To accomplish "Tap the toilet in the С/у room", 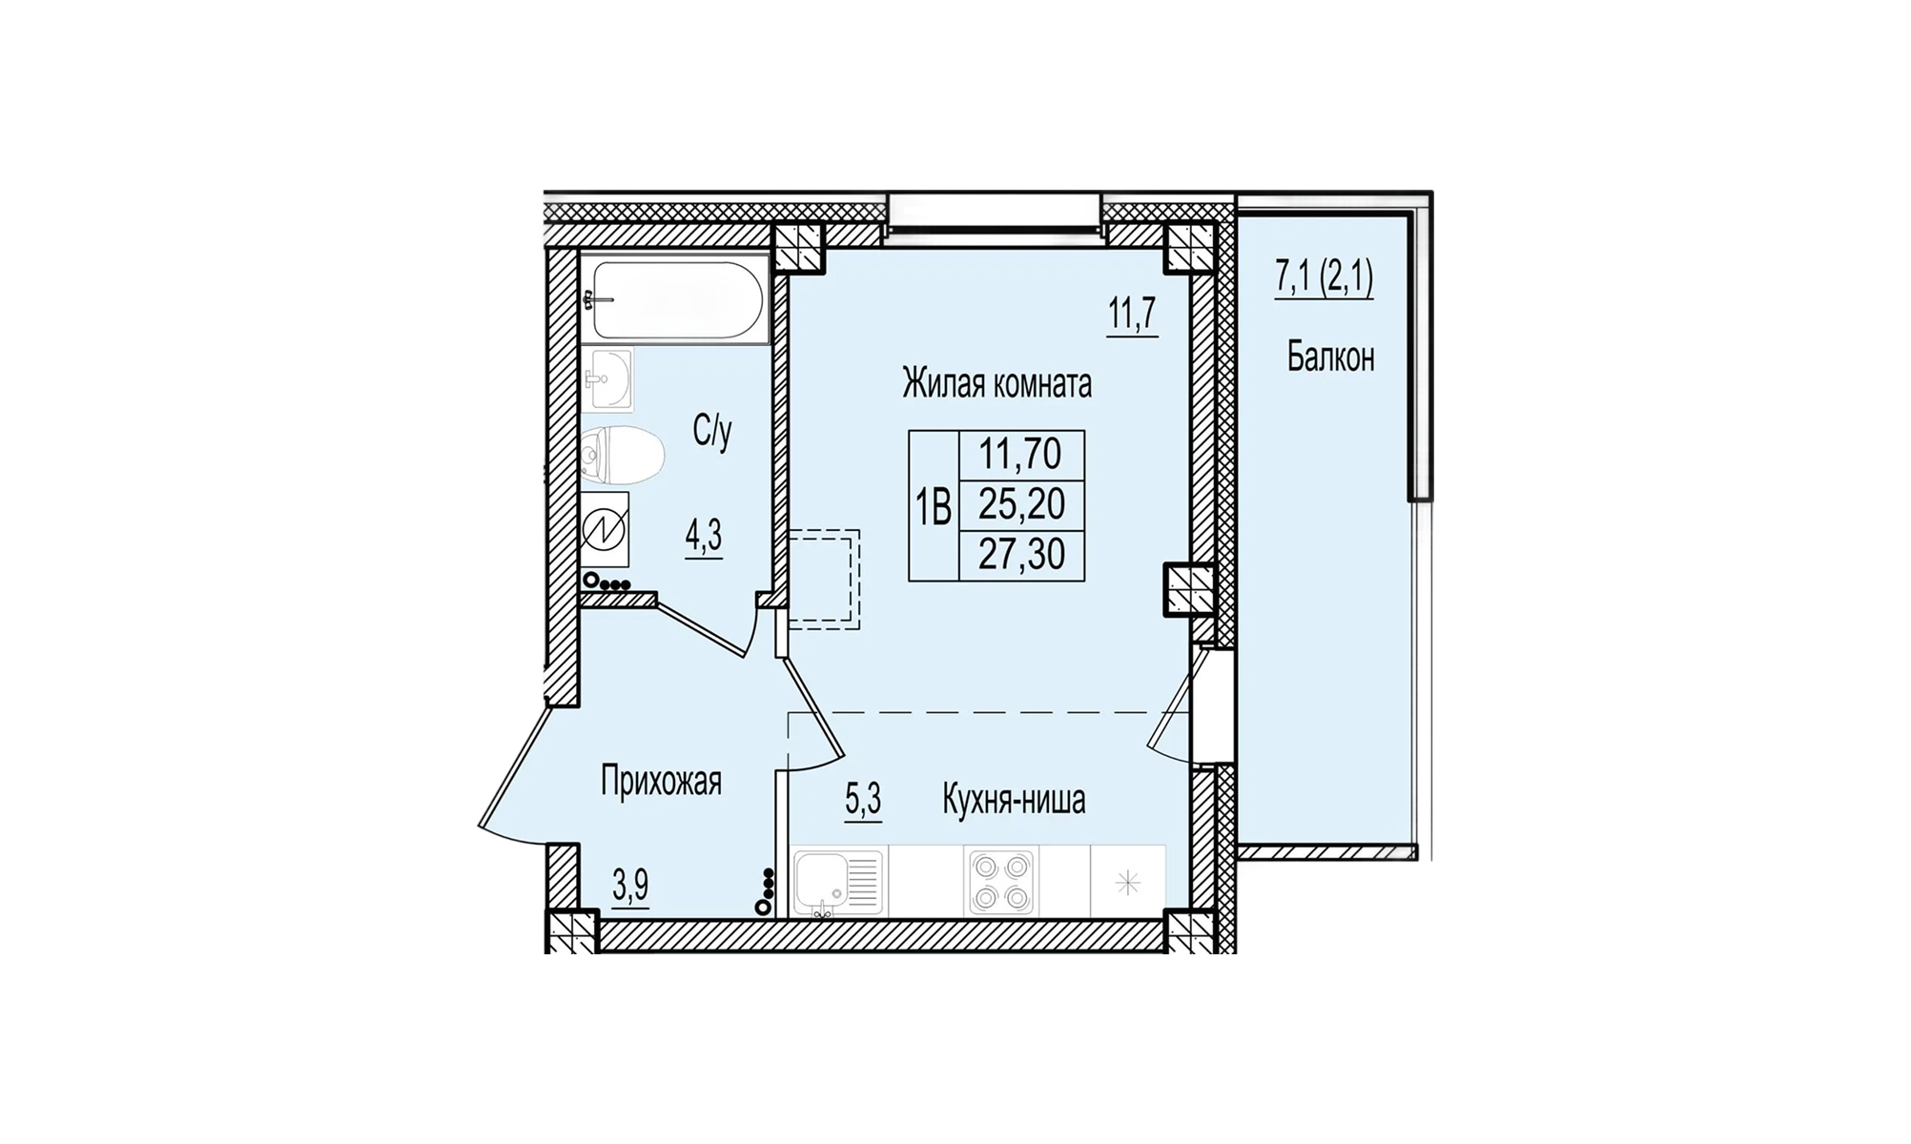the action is click(x=622, y=455).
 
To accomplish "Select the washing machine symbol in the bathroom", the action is click(x=606, y=530).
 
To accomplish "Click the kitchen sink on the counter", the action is click(x=838, y=883).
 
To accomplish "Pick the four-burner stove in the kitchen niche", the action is click(x=1000, y=883).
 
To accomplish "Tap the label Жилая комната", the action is click(x=997, y=384).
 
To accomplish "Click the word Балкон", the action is click(x=1330, y=357).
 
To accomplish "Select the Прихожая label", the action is click(x=661, y=782).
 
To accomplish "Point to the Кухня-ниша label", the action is click(x=1014, y=800).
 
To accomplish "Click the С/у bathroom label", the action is click(x=712, y=432).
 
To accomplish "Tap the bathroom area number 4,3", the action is click(x=704, y=539).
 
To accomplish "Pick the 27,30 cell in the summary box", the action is click(x=1021, y=554).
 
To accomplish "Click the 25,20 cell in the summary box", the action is click(x=1021, y=504).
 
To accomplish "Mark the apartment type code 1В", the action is click(x=934, y=506).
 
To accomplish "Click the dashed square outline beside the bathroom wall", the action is click(x=824, y=580).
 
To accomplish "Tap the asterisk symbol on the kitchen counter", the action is click(x=1128, y=884).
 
